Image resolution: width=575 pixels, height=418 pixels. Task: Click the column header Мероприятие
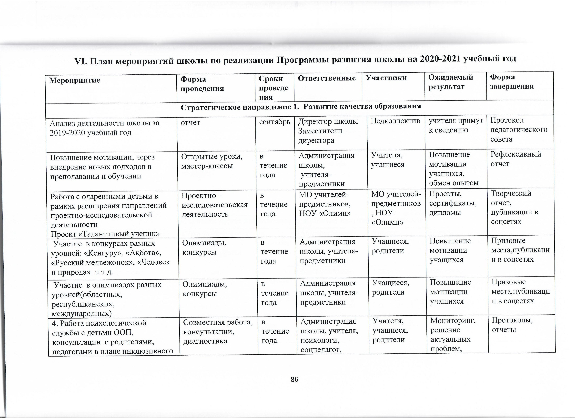75,80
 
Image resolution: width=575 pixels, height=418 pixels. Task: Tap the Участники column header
386,78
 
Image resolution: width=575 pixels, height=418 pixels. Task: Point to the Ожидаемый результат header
451,82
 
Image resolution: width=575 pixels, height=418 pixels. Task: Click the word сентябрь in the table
275,122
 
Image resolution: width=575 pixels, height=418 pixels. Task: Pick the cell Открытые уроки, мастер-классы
212,161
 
